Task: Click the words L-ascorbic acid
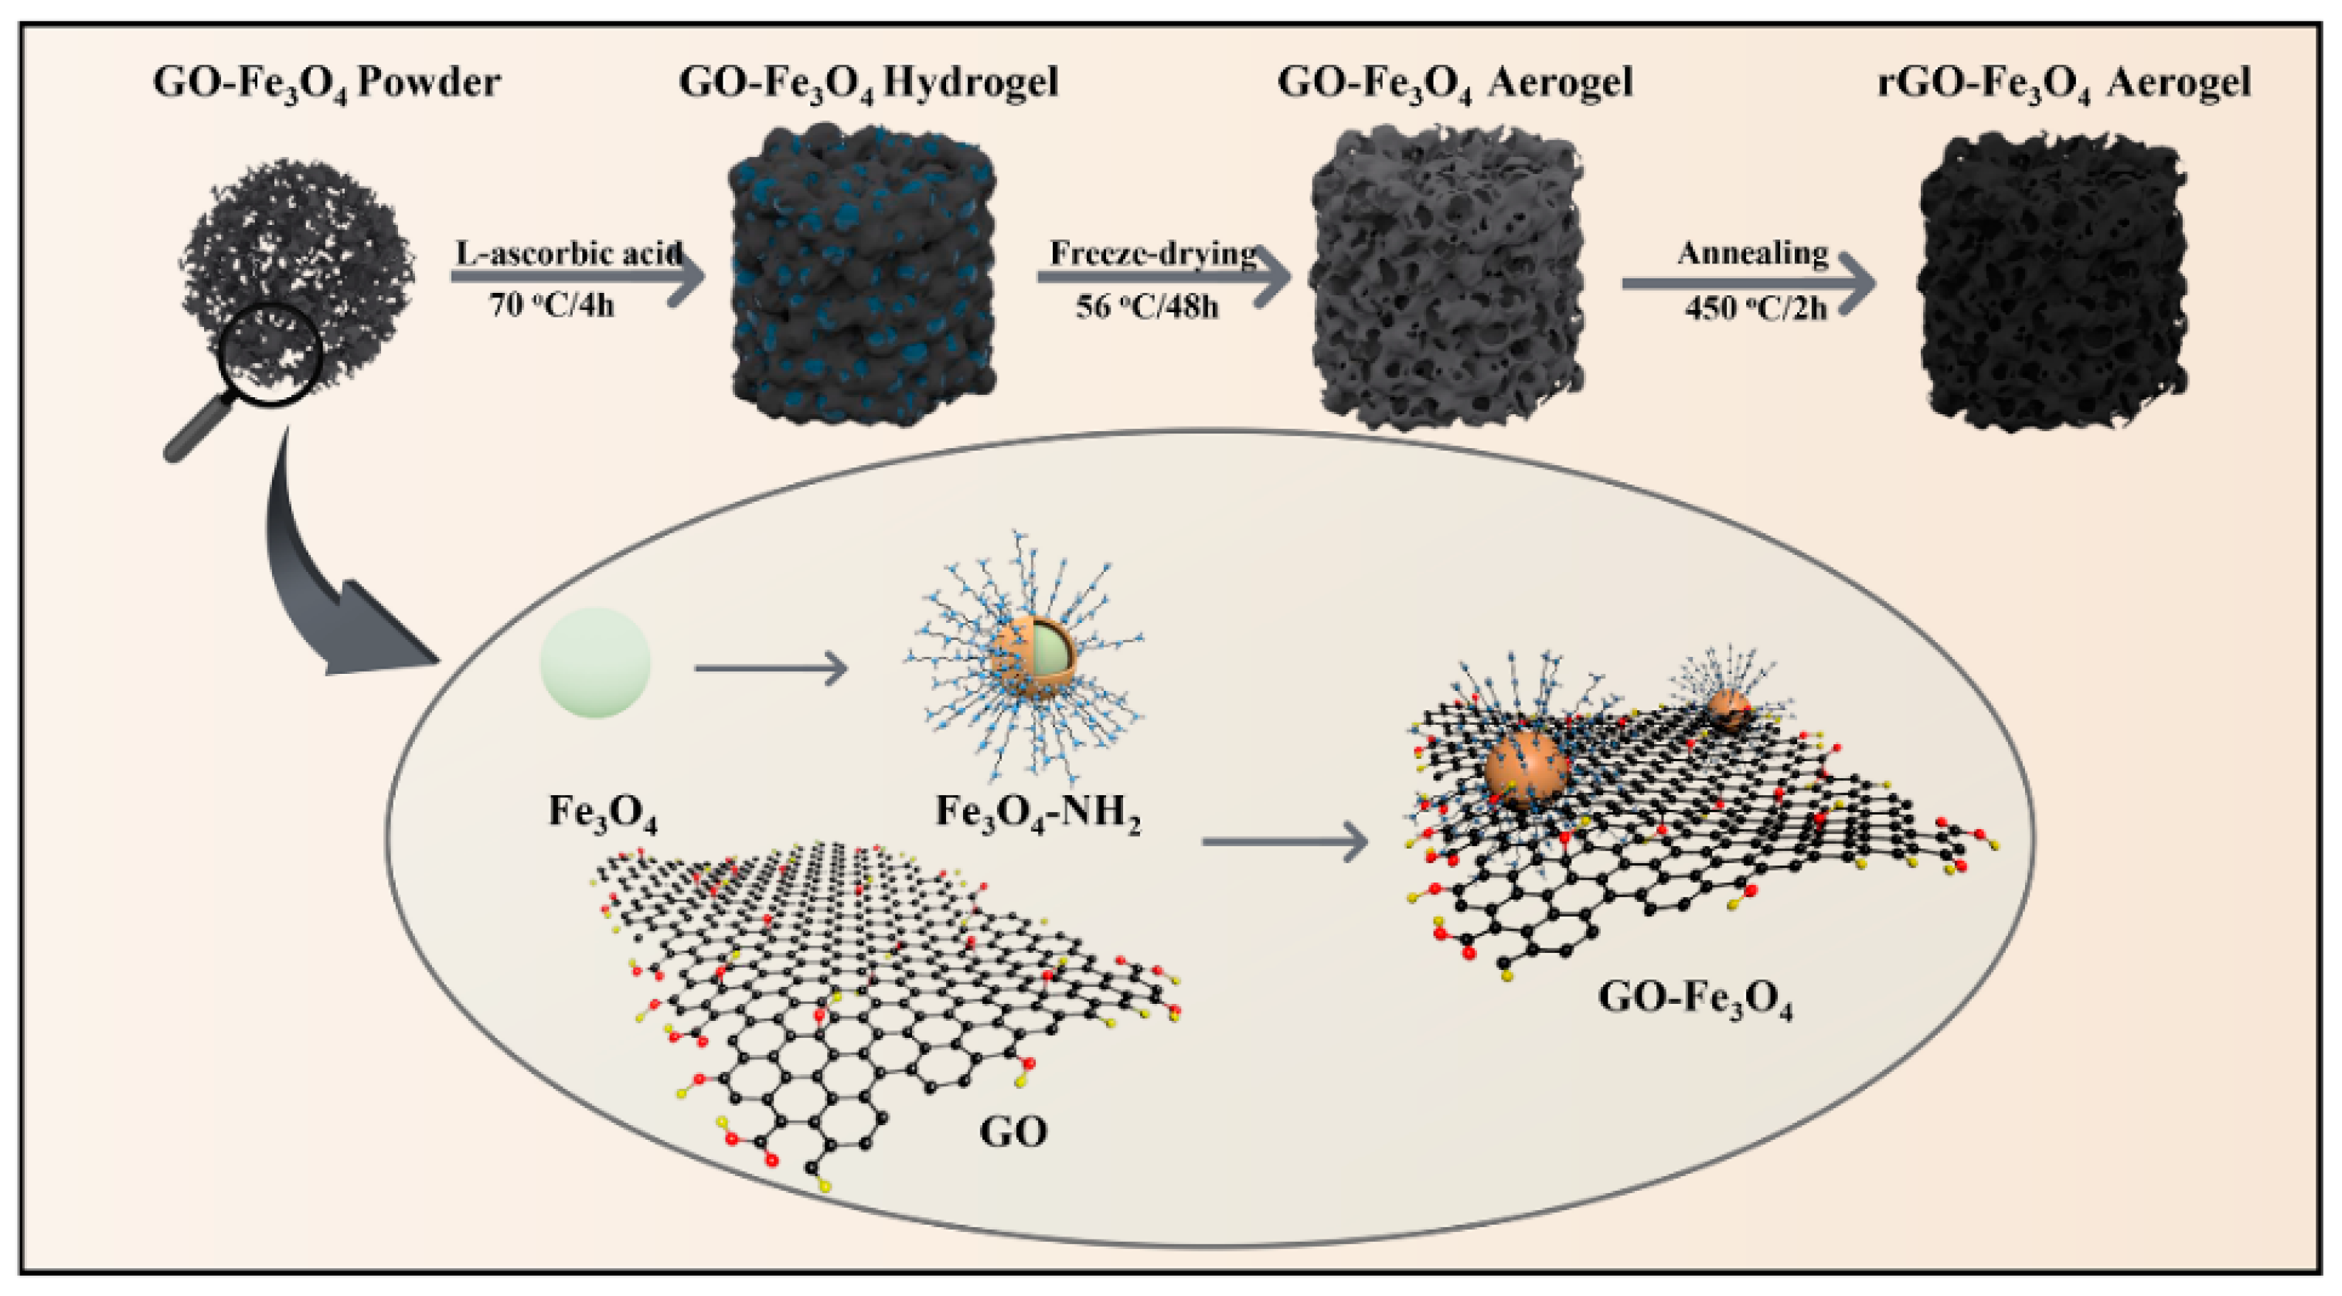click(x=568, y=253)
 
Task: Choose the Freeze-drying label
click(x=1152, y=253)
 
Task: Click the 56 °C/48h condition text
click(x=1146, y=307)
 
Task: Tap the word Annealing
click(x=1752, y=253)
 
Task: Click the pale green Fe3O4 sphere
click(x=595, y=662)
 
